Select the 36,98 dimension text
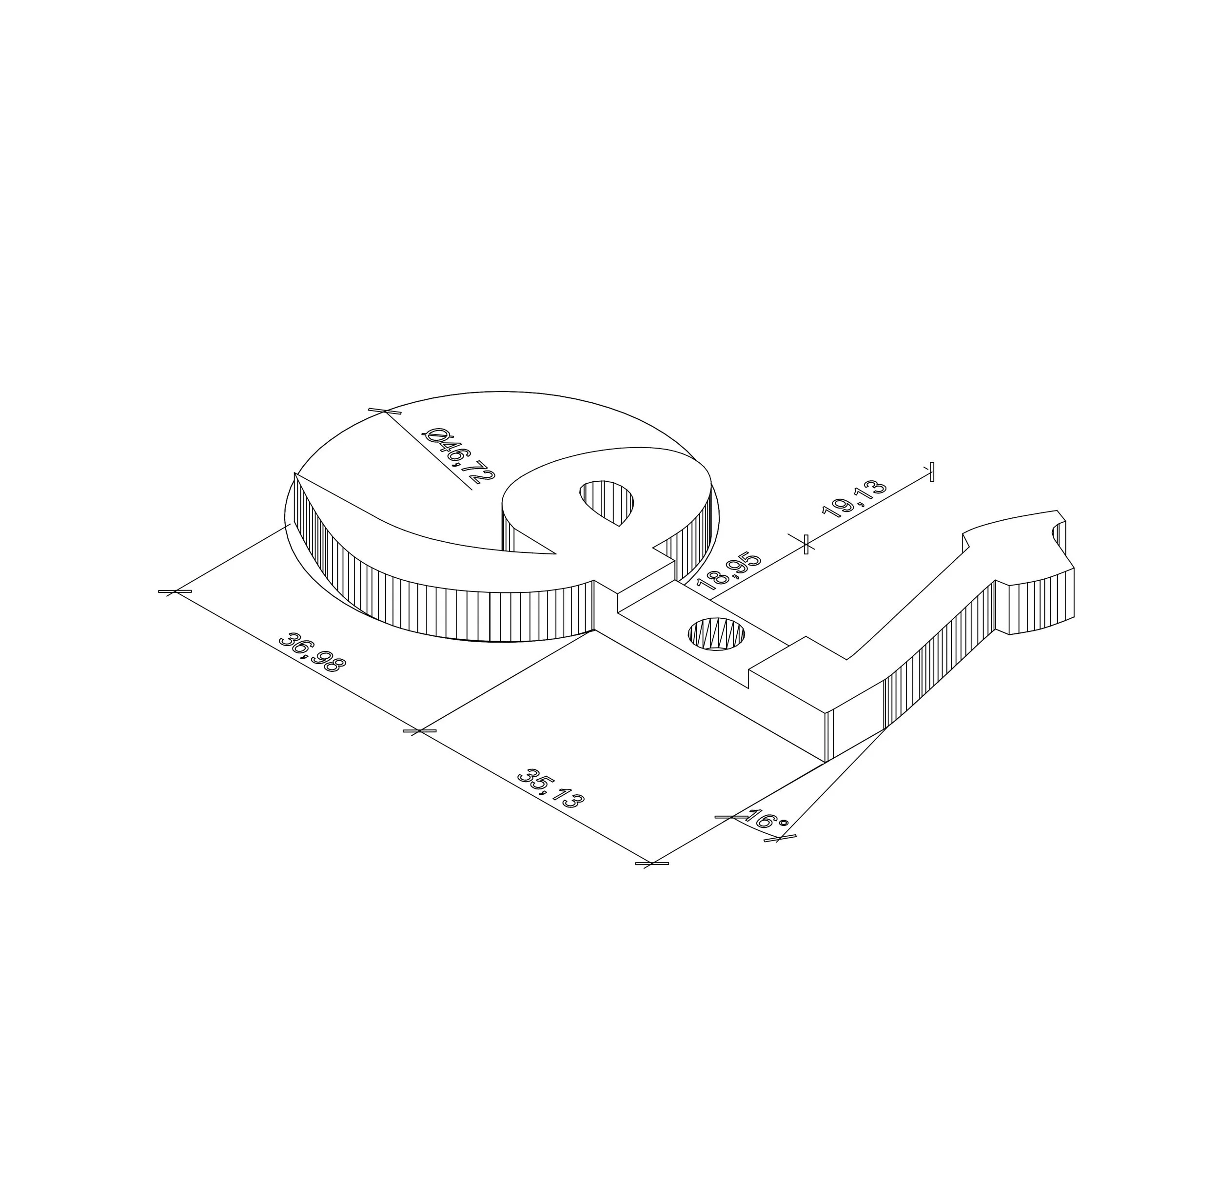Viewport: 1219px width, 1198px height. point(311,653)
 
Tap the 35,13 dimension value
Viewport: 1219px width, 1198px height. point(550,788)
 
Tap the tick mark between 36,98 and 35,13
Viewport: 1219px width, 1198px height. point(419,730)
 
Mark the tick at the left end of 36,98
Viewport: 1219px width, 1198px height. point(175,591)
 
